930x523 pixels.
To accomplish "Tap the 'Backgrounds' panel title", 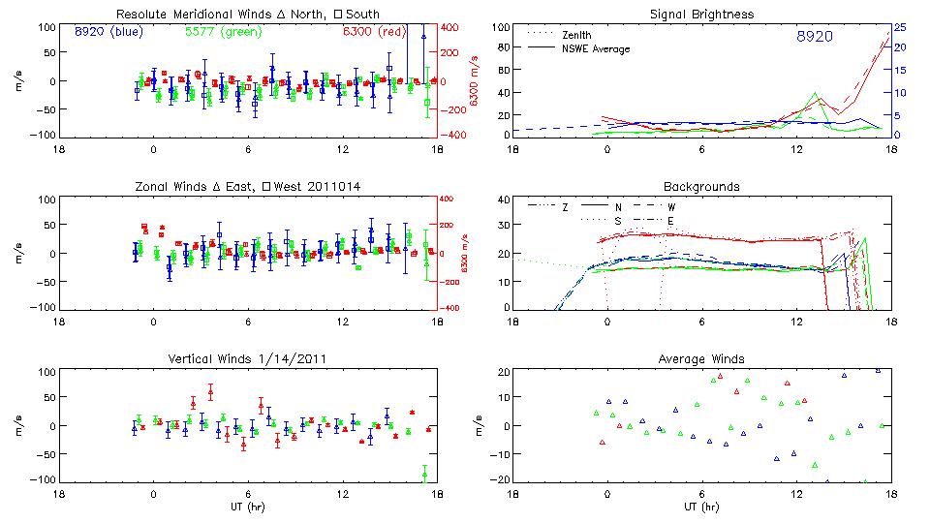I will coord(701,186).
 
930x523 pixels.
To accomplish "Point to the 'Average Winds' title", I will coord(701,359).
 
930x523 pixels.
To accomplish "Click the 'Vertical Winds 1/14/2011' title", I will coord(248,359).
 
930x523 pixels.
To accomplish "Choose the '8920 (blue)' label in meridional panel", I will coord(107,32).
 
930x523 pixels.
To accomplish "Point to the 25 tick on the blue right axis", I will coord(899,27).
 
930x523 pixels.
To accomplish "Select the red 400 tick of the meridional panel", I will coord(452,27).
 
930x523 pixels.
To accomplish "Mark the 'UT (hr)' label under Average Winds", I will coord(701,507).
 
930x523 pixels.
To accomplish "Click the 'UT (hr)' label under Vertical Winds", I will coord(248,507).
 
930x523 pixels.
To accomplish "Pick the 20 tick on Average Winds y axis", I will coord(503,372).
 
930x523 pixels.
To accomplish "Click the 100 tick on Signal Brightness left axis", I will coord(500,27).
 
